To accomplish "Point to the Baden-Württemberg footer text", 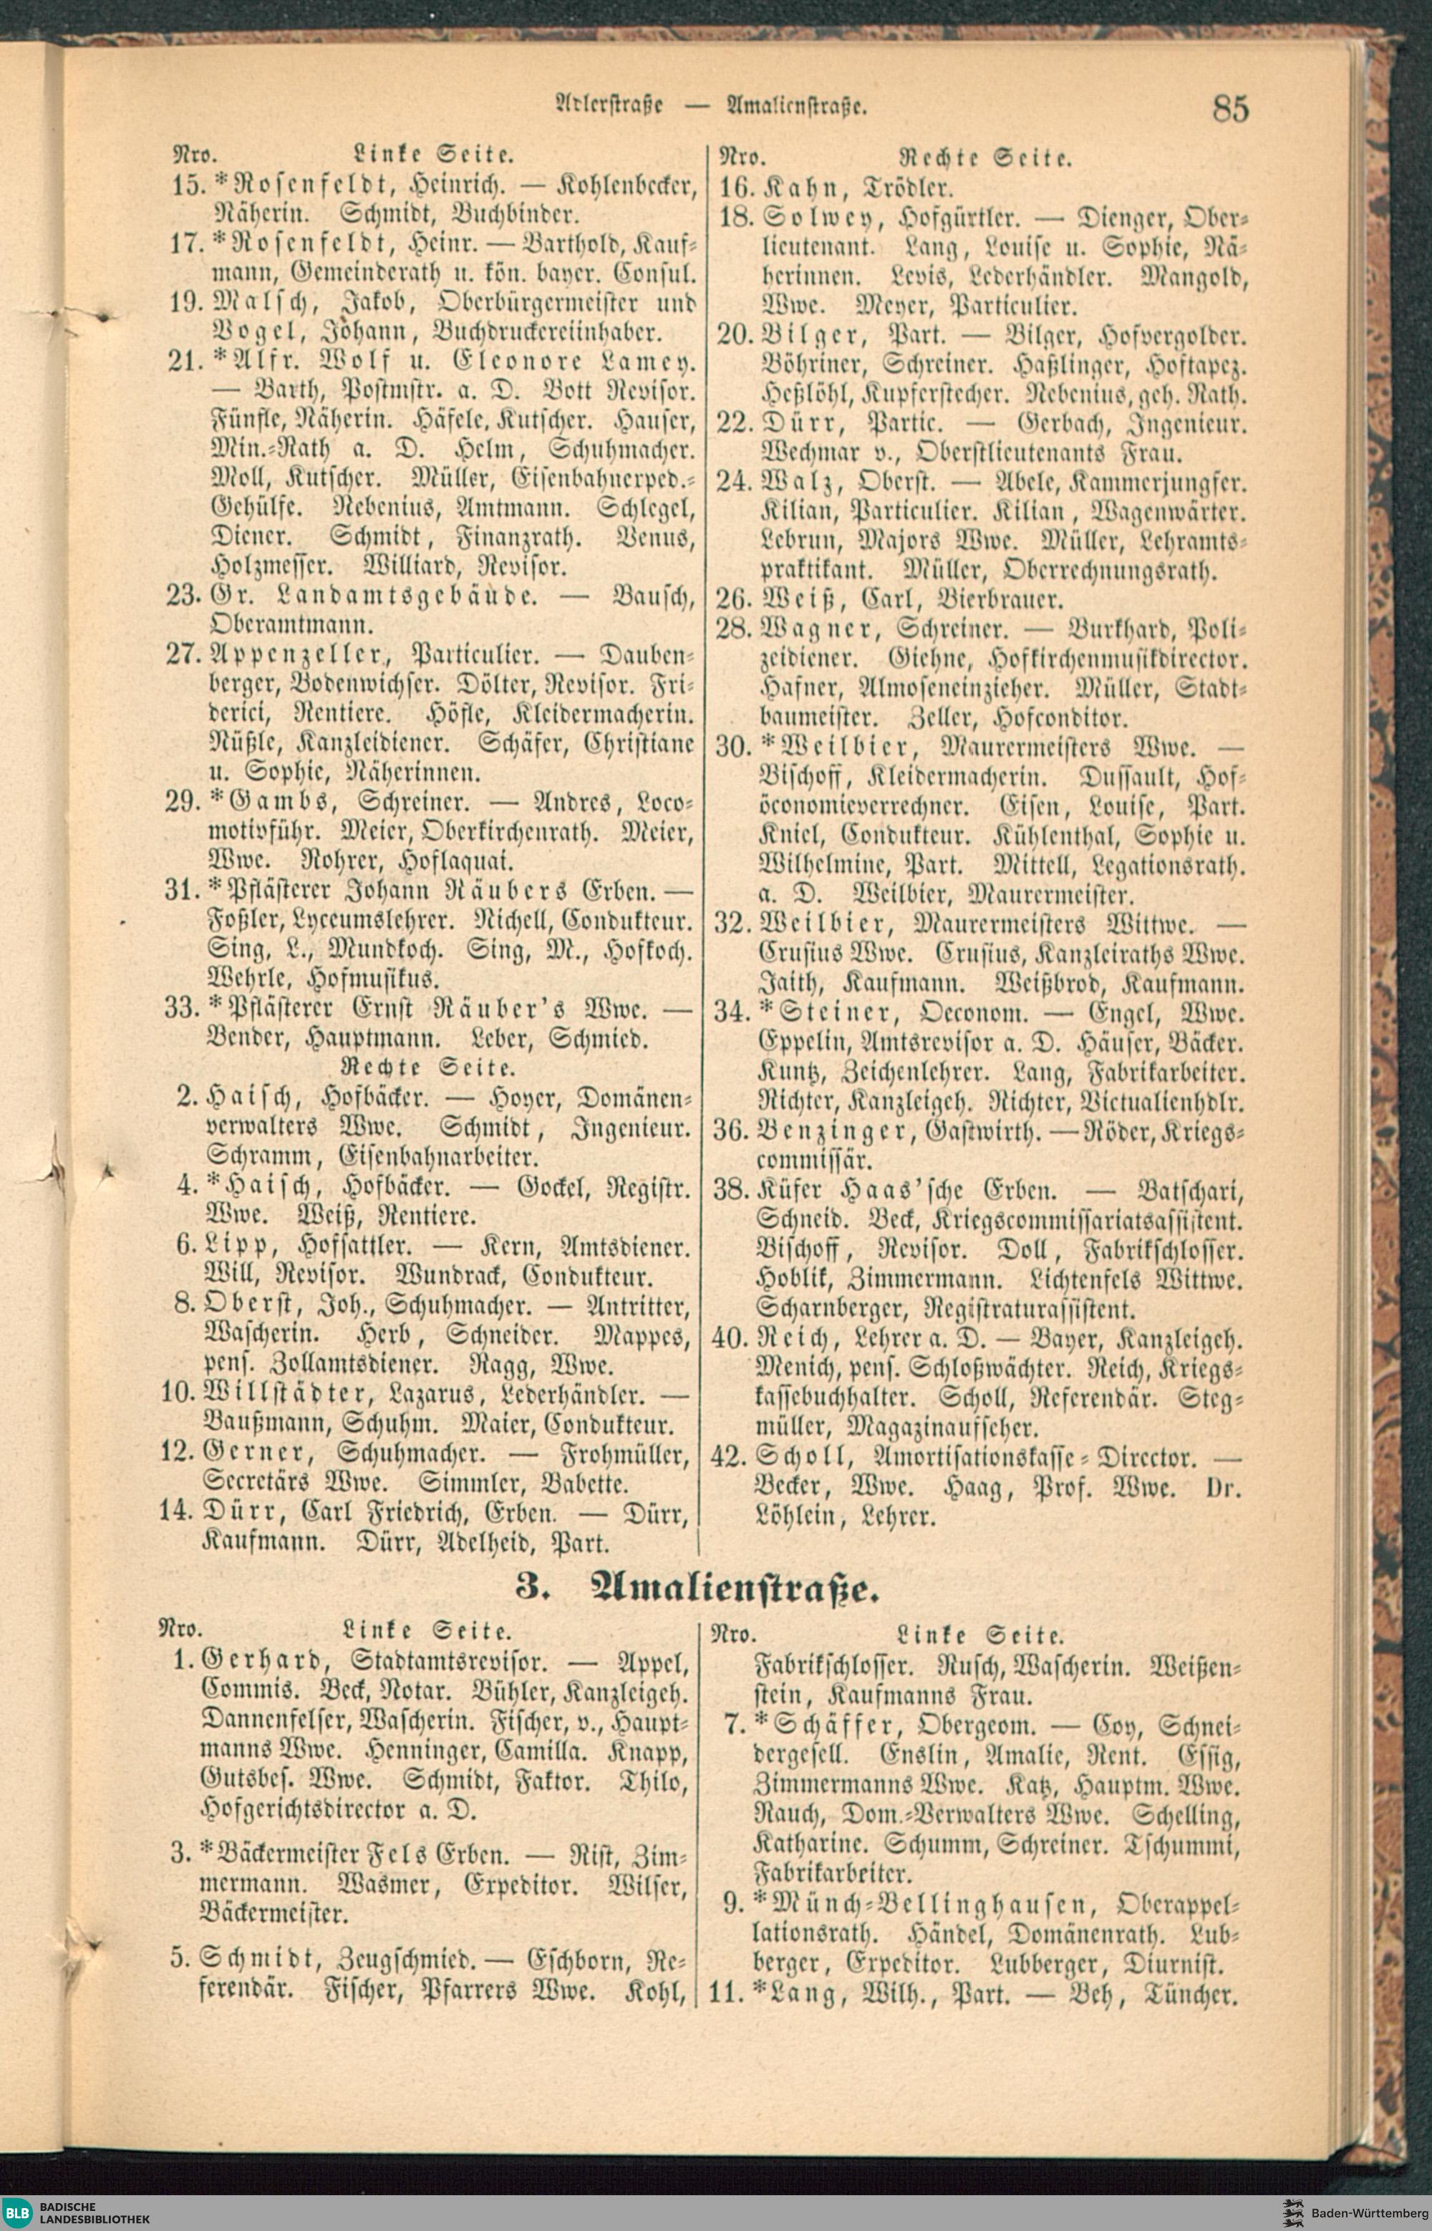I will pos(1370,2205).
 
